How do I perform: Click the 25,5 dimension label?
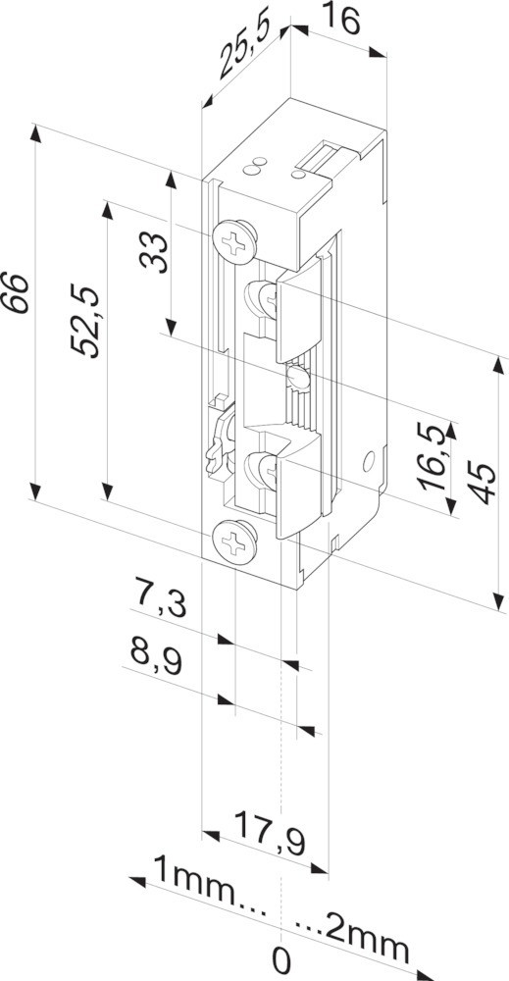[249, 49]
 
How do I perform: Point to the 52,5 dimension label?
[85, 321]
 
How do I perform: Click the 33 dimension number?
[154, 252]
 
